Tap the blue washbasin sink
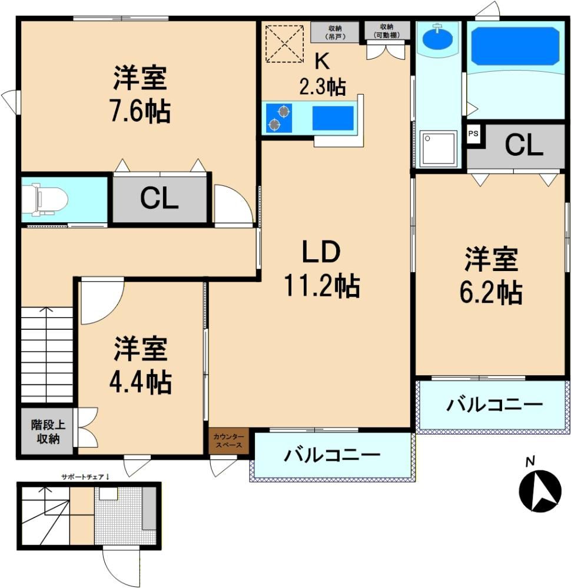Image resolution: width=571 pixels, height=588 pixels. (x=437, y=38)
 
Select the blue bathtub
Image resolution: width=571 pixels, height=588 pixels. (x=515, y=46)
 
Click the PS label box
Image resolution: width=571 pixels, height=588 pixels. (x=473, y=133)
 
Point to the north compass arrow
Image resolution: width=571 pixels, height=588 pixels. (x=540, y=491)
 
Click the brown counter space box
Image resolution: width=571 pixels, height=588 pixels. (x=228, y=441)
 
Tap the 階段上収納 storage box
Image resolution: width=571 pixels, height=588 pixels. (x=47, y=432)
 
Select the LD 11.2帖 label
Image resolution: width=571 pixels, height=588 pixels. (x=322, y=269)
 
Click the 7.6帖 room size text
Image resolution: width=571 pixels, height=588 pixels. (x=140, y=111)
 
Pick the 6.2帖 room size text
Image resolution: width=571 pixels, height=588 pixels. (x=491, y=292)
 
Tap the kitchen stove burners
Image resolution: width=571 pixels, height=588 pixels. (x=279, y=118)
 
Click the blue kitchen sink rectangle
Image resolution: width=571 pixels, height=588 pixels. (x=333, y=118)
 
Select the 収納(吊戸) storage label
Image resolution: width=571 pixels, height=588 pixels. (x=335, y=32)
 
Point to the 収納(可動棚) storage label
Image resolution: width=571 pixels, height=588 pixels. (x=387, y=31)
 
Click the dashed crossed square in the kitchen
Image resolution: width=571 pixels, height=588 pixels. (x=284, y=44)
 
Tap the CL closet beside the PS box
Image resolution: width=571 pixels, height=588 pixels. (x=523, y=145)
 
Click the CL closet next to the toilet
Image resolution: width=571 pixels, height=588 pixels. (x=160, y=199)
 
